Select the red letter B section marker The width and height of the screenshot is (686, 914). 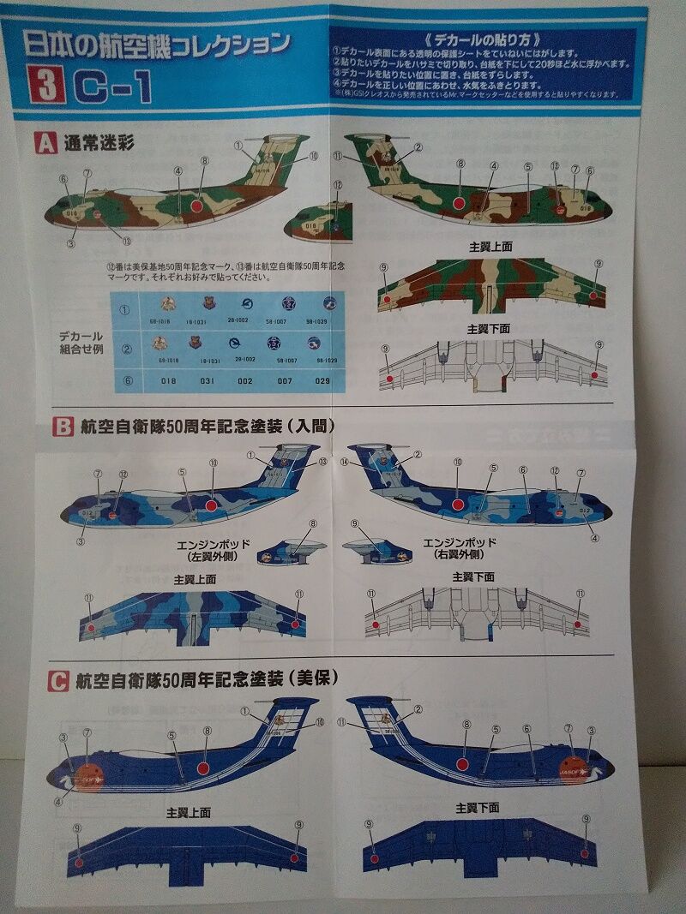(63, 426)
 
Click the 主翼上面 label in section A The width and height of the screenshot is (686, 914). (490, 246)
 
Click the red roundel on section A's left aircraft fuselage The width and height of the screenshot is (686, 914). (196, 206)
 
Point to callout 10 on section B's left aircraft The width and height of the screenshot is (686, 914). (213, 463)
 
